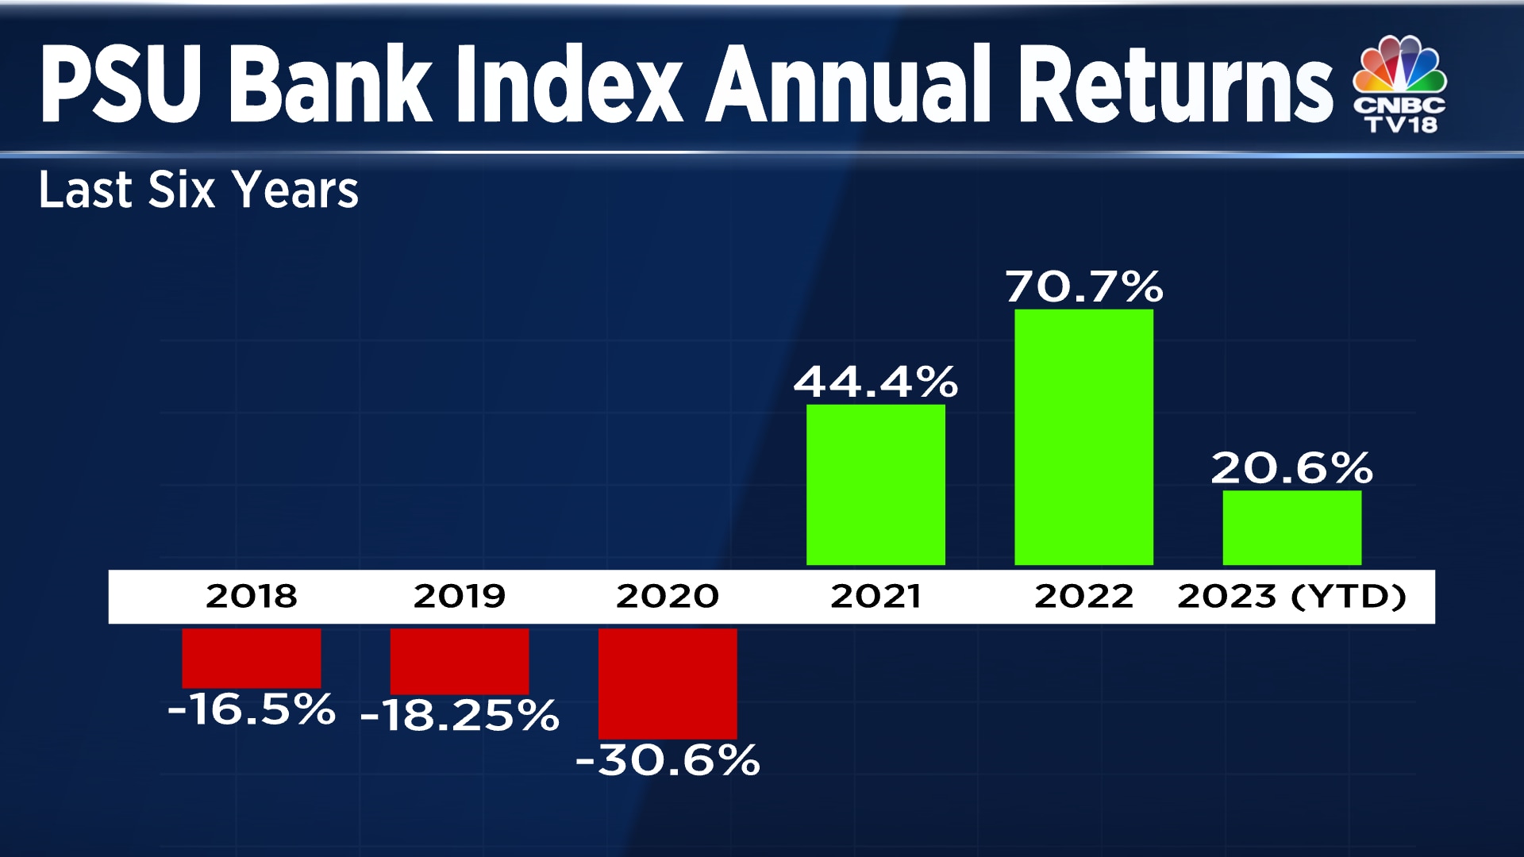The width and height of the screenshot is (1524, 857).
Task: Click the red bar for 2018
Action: [251, 658]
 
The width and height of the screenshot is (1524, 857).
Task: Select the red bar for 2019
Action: [459, 661]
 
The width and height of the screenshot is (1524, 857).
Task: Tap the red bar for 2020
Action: [668, 683]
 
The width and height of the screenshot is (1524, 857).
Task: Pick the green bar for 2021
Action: [876, 485]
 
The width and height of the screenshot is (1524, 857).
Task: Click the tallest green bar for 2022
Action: [1083, 437]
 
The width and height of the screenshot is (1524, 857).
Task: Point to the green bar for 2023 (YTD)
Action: [1291, 528]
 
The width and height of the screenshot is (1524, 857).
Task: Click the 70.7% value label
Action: [1084, 286]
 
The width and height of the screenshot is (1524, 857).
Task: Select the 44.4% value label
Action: [876, 382]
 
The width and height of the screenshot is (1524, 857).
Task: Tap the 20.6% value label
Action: [1291, 467]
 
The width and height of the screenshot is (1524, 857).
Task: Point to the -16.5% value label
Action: [251, 709]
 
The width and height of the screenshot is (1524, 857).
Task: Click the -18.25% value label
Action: [460, 715]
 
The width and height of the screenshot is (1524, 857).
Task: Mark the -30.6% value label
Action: [668, 759]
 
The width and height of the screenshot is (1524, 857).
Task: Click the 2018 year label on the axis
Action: [251, 596]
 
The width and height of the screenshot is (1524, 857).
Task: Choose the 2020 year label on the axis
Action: [668, 596]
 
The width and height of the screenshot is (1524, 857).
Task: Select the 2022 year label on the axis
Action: [1083, 596]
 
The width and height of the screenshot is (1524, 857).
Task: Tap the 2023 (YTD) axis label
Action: [1291, 596]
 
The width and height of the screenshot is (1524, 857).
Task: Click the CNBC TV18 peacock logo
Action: [1400, 84]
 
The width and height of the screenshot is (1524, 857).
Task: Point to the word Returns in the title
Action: [1175, 84]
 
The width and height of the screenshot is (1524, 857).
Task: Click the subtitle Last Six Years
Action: [198, 190]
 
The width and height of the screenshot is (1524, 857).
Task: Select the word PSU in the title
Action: [121, 84]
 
